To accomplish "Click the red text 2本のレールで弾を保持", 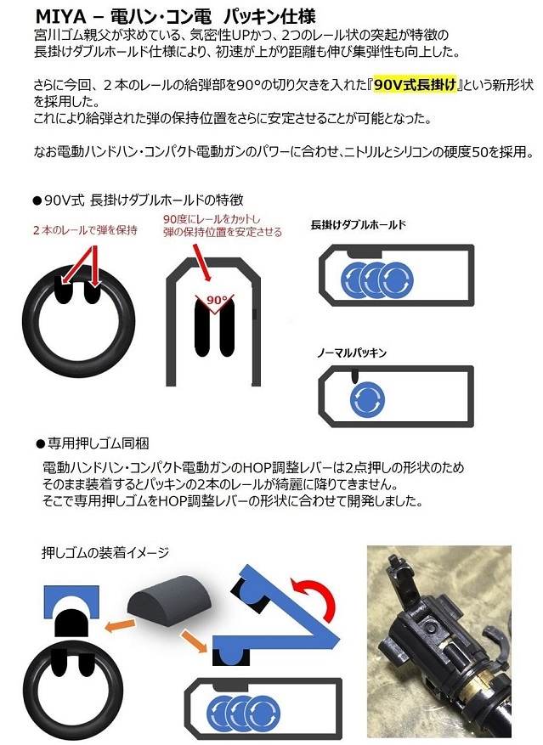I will pos(82,230).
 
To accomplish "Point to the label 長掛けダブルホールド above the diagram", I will pos(359,225).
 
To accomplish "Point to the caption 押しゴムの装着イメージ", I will pos(105,553).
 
